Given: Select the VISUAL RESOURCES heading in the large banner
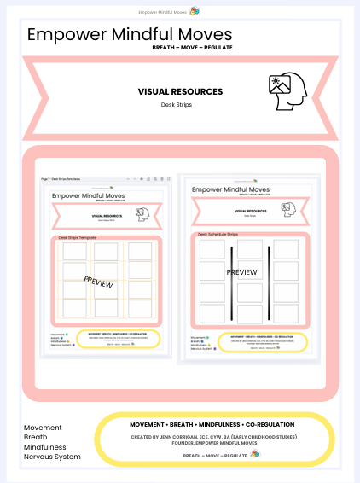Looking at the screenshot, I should click(180, 91).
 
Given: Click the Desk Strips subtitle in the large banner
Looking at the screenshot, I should click(180, 106).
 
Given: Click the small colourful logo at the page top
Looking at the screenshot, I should click(195, 11).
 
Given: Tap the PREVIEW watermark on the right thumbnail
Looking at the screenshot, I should click(242, 271).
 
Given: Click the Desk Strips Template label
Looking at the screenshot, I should click(78, 237).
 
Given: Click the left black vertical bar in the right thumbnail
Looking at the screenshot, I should click(231, 282).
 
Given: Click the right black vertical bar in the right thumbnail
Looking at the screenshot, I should click(270, 282).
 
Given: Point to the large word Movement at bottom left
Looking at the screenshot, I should click(43, 427).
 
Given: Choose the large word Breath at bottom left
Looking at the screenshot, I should click(37, 437).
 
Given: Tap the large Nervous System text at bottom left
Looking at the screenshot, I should click(52, 457).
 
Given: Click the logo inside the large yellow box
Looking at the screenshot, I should click(255, 454).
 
